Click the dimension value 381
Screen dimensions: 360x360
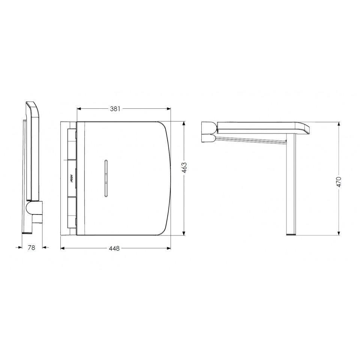click(x=115, y=109)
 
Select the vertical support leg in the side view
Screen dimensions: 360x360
click(x=292, y=184)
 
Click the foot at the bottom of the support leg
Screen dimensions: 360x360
click(x=292, y=233)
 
